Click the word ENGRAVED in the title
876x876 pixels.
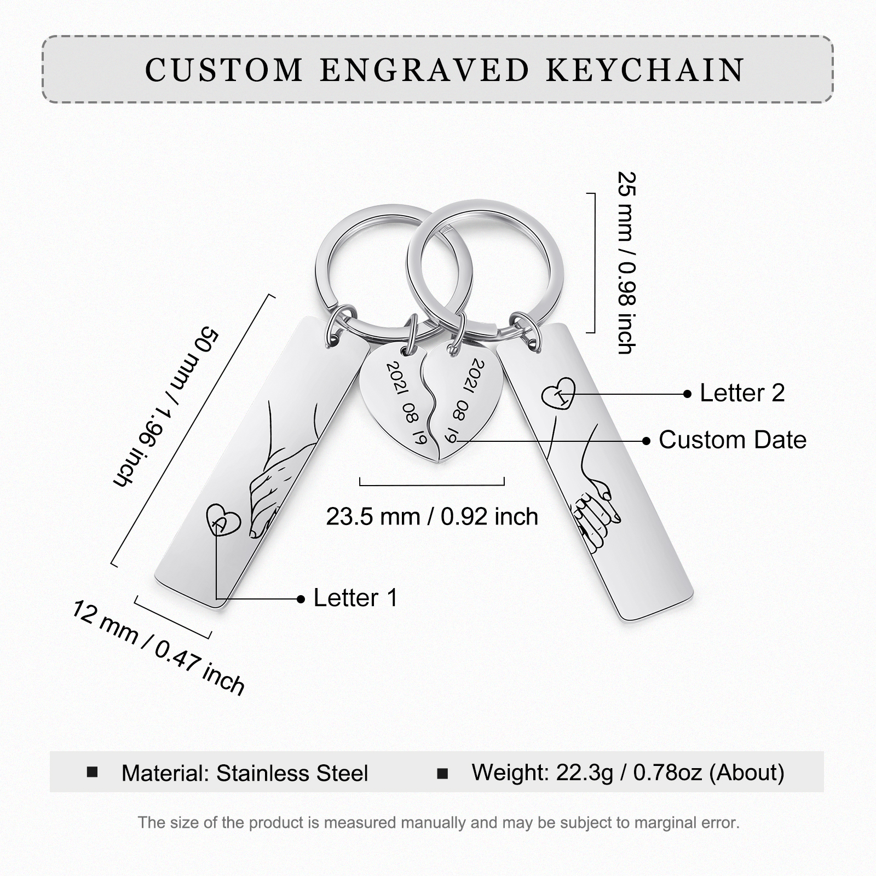point(424,70)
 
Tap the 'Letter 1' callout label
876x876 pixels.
point(355,598)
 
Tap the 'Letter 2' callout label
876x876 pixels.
point(742,393)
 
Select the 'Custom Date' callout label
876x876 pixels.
point(732,440)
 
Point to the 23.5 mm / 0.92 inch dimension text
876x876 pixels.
point(432,516)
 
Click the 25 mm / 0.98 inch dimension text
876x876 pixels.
point(626,263)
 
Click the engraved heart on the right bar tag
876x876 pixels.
point(559,393)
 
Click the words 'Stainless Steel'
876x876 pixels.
point(292,773)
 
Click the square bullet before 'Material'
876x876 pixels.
point(93,772)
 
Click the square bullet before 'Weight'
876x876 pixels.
point(442,773)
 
